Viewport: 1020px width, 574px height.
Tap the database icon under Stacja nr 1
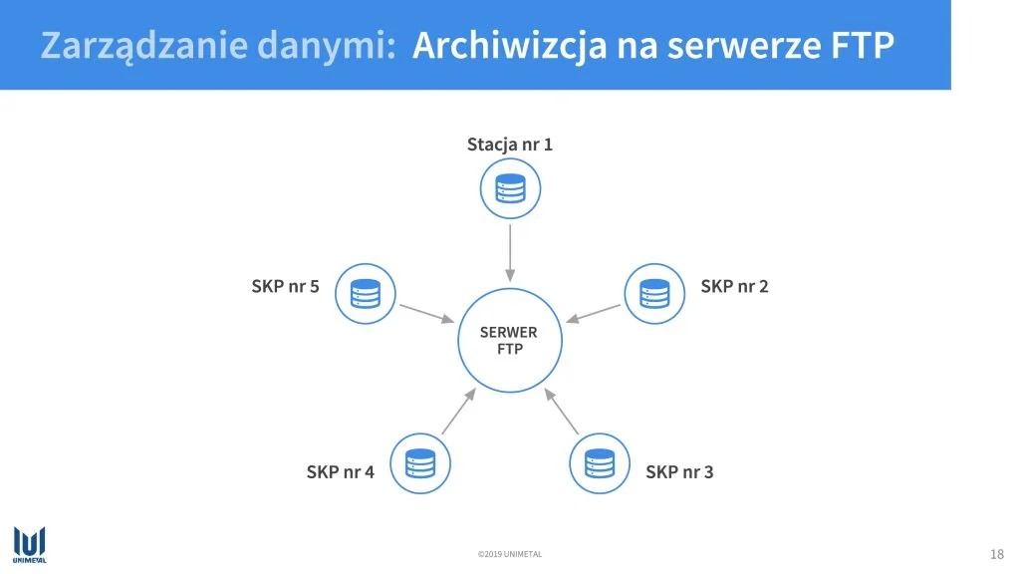(x=510, y=188)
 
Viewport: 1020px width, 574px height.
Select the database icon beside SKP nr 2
(x=654, y=294)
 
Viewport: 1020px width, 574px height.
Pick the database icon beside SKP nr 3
(x=599, y=463)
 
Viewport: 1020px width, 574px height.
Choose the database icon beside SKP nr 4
(x=420, y=463)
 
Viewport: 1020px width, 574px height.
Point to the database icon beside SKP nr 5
(x=365, y=294)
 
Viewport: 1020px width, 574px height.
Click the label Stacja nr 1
(x=509, y=144)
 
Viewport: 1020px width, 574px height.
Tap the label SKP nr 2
(x=734, y=286)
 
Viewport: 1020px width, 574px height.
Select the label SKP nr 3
(x=679, y=471)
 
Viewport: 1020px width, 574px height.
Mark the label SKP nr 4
(x=341, y=471)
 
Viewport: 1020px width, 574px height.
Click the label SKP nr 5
(x=285, y=286)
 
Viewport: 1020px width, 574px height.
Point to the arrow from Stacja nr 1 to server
(x=510, y=253)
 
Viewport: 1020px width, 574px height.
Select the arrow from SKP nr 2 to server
(x=593, y=313)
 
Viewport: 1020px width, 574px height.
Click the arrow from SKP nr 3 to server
(x=561, y=411)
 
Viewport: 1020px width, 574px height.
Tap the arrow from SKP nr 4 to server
(x=459, y=411)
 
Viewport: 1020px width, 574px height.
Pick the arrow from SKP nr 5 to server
(x=426, y=313)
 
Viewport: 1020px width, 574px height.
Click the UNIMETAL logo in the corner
(x=29, y=544)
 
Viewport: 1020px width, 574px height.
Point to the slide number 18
(x=996, y=554)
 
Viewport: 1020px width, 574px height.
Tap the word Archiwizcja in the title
(x=509, y=46)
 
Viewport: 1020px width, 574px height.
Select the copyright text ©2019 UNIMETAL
(x=509, y=554)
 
